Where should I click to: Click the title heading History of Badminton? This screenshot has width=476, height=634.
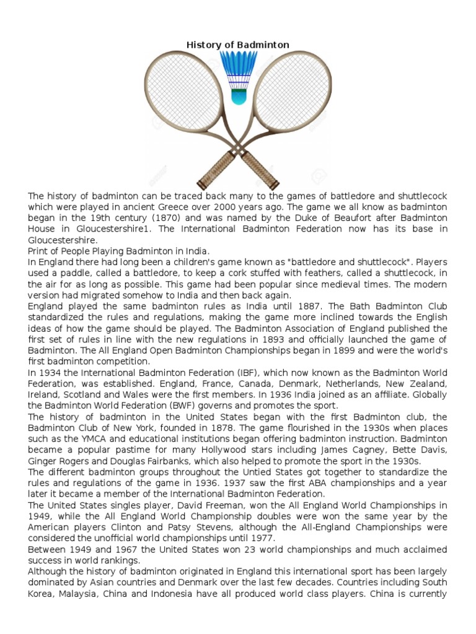238,45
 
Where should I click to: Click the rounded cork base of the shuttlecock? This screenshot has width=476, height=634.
238,96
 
